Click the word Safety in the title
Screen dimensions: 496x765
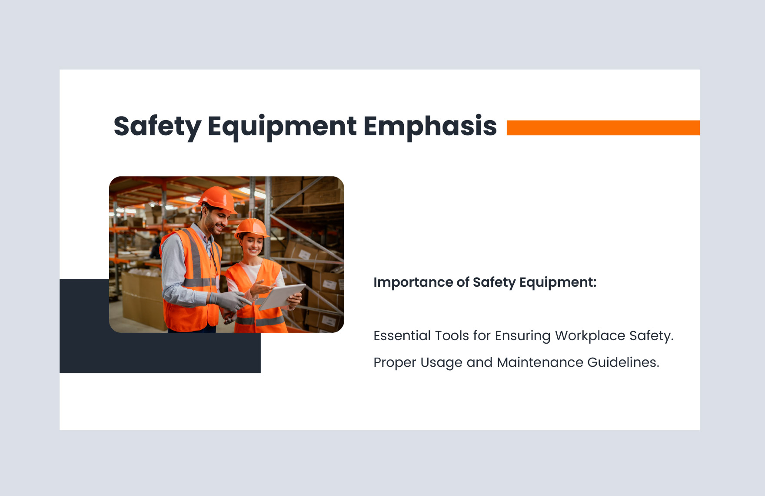pyautogui.click(x=157, y=126)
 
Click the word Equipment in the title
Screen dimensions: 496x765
pyautogui.click(x=282, y=126)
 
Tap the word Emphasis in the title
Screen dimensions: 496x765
pyautogui.click(x=429, y=126)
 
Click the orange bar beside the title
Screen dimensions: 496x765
pyautogui.click(x=603, y=128)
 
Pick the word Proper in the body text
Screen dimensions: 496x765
pyautogui.click(x=394, y=362)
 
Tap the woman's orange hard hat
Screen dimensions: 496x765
pyautogui.click(x=251, y=227)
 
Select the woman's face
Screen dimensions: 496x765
pyautogui.click(x=253, y=245)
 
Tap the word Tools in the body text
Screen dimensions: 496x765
pyautogui.click(x=452, y=336)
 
